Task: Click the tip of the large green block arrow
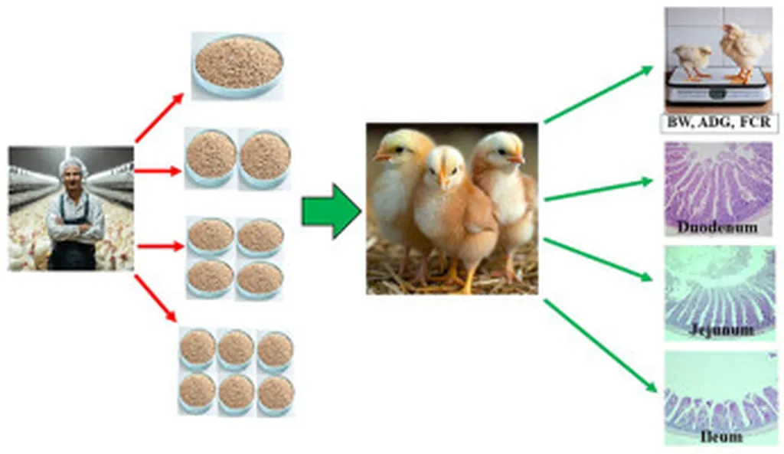click(361, 211)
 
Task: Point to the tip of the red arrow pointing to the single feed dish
click(184, 93)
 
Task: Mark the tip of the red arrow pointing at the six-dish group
click(177, 322)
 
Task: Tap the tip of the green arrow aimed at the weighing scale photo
click(653, 67)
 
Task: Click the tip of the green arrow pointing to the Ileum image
click(656, 392)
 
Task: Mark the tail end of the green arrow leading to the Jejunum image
click(544, 240)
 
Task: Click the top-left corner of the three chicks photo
click(367, 123)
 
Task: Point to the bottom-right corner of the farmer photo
click(134, 270)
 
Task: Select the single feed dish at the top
click(239, 65)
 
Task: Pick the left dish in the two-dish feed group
click(211, 158)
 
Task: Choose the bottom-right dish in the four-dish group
click(260, 279)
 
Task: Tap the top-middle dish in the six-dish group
click(236, 349)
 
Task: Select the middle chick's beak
click(443, 179)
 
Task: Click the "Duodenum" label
click(717, 227)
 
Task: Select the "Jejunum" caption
click(721, 329)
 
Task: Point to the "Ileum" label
click(721, 436)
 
